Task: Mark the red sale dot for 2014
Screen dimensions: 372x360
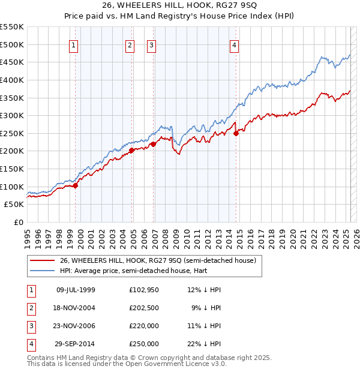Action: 236,134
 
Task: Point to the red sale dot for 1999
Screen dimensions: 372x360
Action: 76,185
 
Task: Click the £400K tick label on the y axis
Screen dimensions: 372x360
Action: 12,80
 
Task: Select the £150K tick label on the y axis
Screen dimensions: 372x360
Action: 12,169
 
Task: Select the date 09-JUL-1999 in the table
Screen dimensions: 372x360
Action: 76,290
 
